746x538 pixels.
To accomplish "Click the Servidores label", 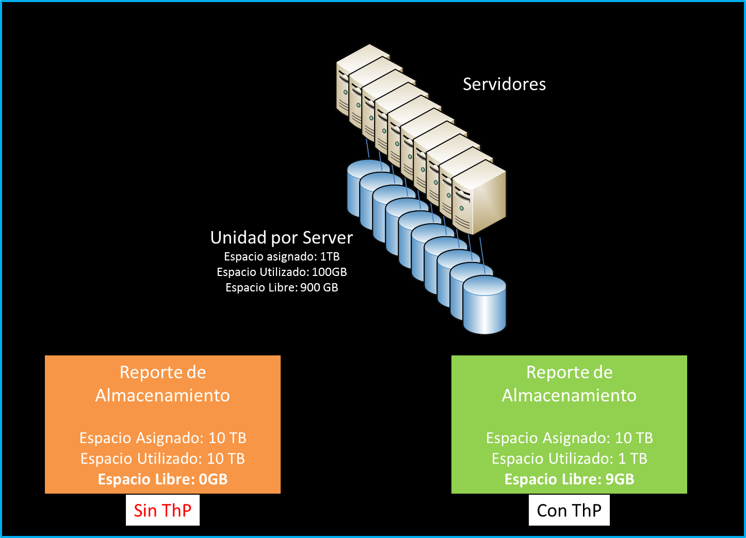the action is point(504,84).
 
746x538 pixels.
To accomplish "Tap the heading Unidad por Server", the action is point(281,238).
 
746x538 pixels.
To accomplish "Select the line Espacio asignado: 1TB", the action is point(282,256).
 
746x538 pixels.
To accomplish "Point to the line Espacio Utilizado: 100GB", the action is point(282,272).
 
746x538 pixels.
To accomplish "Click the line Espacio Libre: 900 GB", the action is point(282,287).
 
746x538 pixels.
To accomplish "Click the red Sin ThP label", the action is point(163,510).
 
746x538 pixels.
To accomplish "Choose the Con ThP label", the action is point(569,510).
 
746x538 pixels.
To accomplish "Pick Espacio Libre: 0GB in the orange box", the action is point(163,479).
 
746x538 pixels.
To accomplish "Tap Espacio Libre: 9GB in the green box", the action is point(569,479).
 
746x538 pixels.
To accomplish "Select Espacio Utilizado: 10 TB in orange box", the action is point(163,459).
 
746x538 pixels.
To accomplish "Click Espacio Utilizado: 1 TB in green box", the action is point(569,459).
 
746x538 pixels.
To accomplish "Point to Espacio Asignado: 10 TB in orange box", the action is point(163,438).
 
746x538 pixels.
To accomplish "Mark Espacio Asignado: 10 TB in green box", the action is point(569,438).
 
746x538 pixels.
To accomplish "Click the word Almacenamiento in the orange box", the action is point(163,396).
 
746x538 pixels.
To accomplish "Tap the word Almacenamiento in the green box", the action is point(569,396).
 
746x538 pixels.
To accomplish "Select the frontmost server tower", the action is point(479,197).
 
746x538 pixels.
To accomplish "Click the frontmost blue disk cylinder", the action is point(484,305).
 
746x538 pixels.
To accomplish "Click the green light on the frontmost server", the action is point(462,208).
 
